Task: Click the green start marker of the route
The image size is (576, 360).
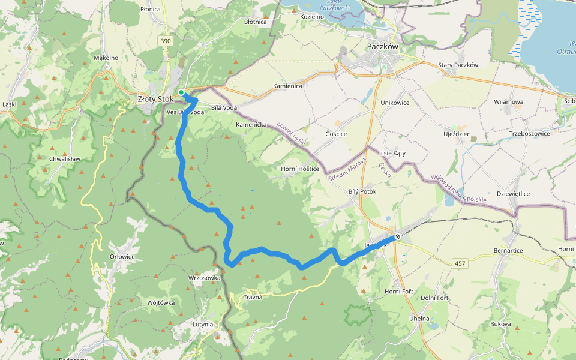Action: coord(181,92)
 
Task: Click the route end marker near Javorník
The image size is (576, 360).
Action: coord(398,236)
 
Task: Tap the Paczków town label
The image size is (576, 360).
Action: coord(382,46)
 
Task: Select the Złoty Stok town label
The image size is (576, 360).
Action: coord(155,99)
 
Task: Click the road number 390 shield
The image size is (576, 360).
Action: coord(166,41)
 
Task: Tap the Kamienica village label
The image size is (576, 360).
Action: coord(287,86)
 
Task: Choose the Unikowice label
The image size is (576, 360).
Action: coord(395,103)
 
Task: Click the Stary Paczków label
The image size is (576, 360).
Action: coord(458,65)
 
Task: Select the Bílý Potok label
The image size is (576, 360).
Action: coord(362,191)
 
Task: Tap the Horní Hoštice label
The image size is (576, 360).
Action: coord(301,169)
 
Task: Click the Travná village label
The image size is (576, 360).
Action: coord(253,297)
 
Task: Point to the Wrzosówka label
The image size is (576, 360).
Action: coord(205,278)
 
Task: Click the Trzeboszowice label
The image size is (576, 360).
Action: coord(530,133)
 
